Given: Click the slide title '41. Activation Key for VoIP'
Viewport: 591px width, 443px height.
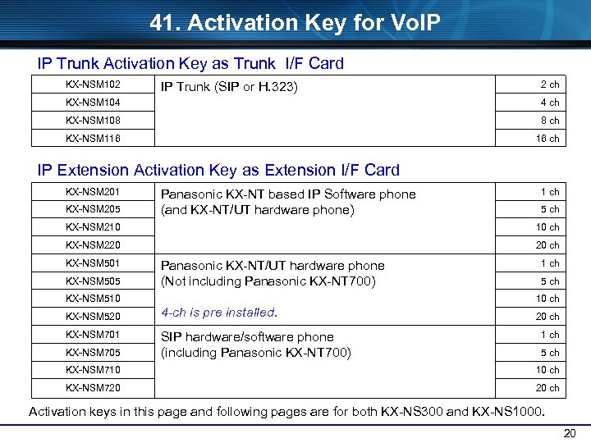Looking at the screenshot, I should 295,23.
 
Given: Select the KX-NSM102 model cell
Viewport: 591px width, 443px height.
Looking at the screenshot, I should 93,84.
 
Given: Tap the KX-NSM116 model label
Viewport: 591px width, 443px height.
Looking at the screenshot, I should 93,139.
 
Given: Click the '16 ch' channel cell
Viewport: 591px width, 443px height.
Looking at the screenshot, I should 547,139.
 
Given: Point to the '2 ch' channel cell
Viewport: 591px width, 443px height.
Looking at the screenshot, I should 549,84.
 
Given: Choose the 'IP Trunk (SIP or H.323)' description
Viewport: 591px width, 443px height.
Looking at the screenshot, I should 229,87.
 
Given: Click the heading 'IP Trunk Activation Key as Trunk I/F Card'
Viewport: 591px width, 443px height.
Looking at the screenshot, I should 190,63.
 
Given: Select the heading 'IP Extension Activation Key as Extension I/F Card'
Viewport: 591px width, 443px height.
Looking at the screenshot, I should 218,171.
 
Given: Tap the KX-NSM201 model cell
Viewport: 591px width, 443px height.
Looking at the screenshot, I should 93,192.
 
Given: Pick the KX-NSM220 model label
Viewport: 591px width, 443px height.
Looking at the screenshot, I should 93,245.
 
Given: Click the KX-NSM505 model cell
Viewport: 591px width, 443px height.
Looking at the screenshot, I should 93,281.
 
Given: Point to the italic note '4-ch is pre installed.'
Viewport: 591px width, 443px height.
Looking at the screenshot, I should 219,313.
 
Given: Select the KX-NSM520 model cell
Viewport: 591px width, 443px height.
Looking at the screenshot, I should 93,317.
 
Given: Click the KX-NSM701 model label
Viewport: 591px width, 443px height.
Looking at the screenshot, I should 93,335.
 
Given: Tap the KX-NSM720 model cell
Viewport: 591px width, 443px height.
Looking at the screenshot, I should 93,388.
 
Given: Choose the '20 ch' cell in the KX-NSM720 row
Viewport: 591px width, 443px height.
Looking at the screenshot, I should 547,388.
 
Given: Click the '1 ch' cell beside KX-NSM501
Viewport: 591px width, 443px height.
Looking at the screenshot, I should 549,263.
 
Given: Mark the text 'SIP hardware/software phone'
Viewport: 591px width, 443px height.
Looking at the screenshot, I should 247,337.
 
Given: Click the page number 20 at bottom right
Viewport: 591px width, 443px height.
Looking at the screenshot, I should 570,433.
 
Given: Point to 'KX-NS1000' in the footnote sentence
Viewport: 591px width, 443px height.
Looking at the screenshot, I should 511,411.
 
